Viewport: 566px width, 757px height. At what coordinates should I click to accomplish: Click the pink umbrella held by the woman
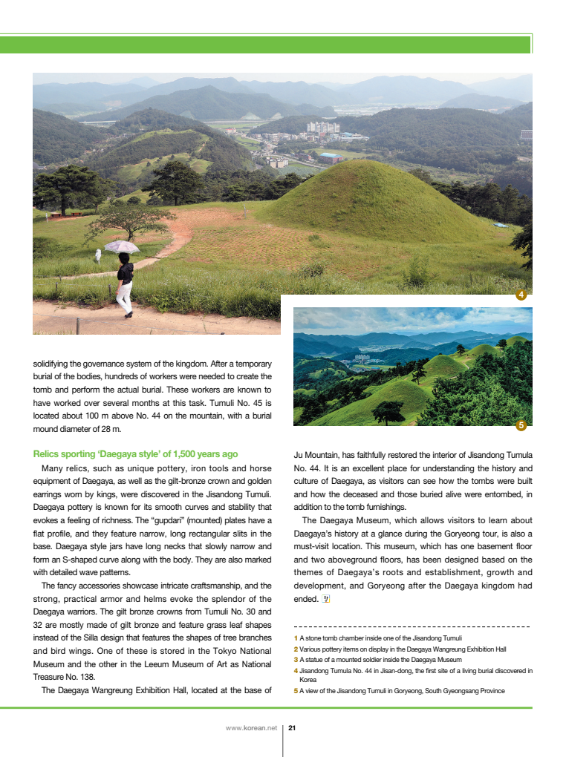pyautogui.click(x=122, y=247)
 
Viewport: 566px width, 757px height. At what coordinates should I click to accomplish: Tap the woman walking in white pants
pyautogui.click(x=125, y=285)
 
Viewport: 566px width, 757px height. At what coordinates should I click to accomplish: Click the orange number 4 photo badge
pyautogui.click(x=521, y=295)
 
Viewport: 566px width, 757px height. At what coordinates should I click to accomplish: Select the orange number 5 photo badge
pyautogui.click(x=521, y=425)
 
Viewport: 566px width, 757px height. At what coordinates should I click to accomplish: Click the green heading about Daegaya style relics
pyautogui.click(x=135, y=454)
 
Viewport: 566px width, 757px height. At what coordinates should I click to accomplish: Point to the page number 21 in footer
pyautogui.click(x=292, y=728)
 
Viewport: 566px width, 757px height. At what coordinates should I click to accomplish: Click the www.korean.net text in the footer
pyautogui.click(x=250, y=728)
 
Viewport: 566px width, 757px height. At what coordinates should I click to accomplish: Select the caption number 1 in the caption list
pyautogui.click(x=296, y=638)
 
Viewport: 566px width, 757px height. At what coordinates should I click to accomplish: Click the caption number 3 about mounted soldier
pyautogui.click(x=296, y=660)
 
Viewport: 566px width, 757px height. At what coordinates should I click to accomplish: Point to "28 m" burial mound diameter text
pyautogui.click(x=109, y=429)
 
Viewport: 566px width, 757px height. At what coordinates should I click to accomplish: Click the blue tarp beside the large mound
pyautogui.click(x=501, y=225)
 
